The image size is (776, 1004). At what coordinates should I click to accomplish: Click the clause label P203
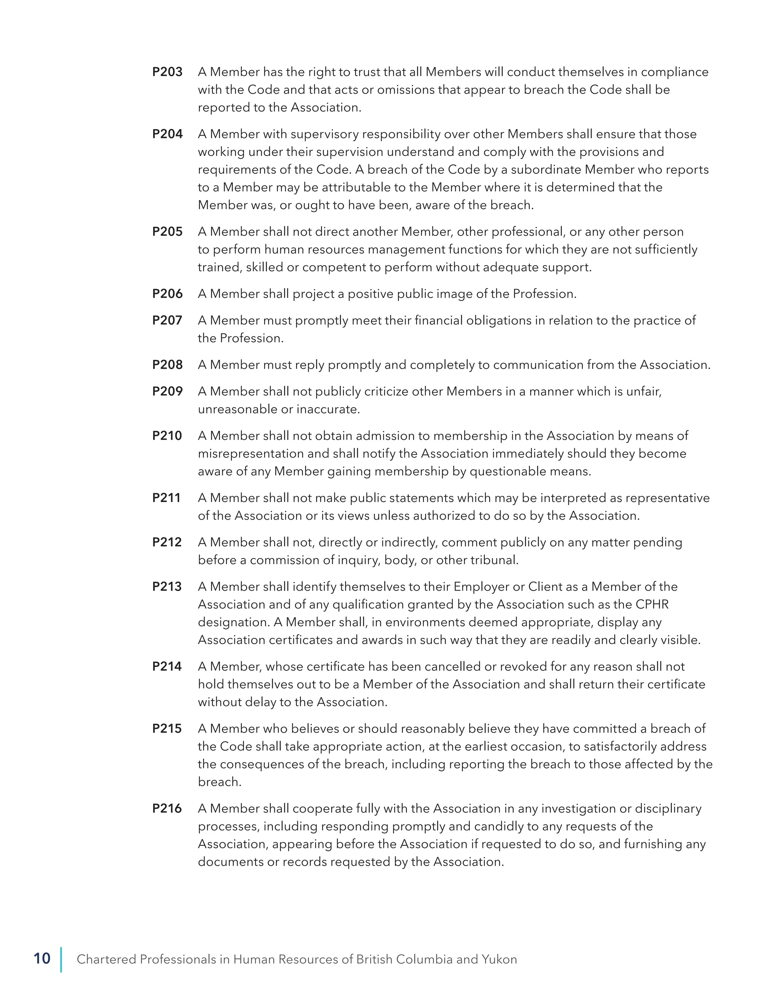pyautogui.click(x=167, y=72)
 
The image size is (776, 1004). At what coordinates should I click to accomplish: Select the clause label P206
pyautogui.click(x=167, y=294)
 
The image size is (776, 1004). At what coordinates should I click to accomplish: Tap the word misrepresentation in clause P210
pyautogui.click(x=251, y=454)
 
